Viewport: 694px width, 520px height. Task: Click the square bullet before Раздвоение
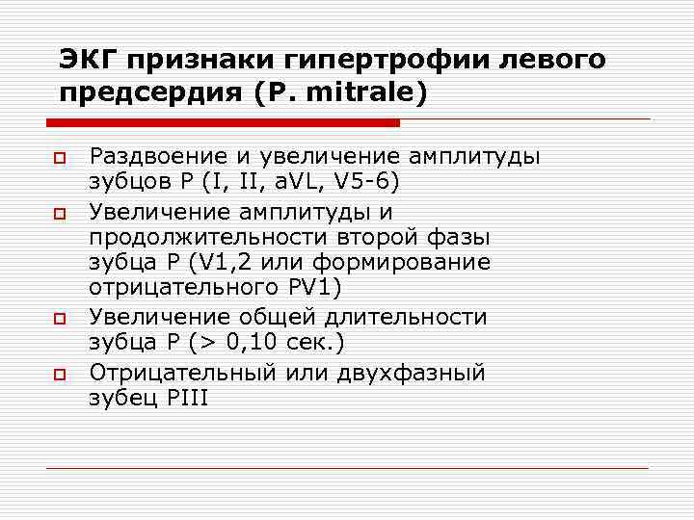(58, 157)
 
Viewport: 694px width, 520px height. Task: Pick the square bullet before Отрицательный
(58, 373)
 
